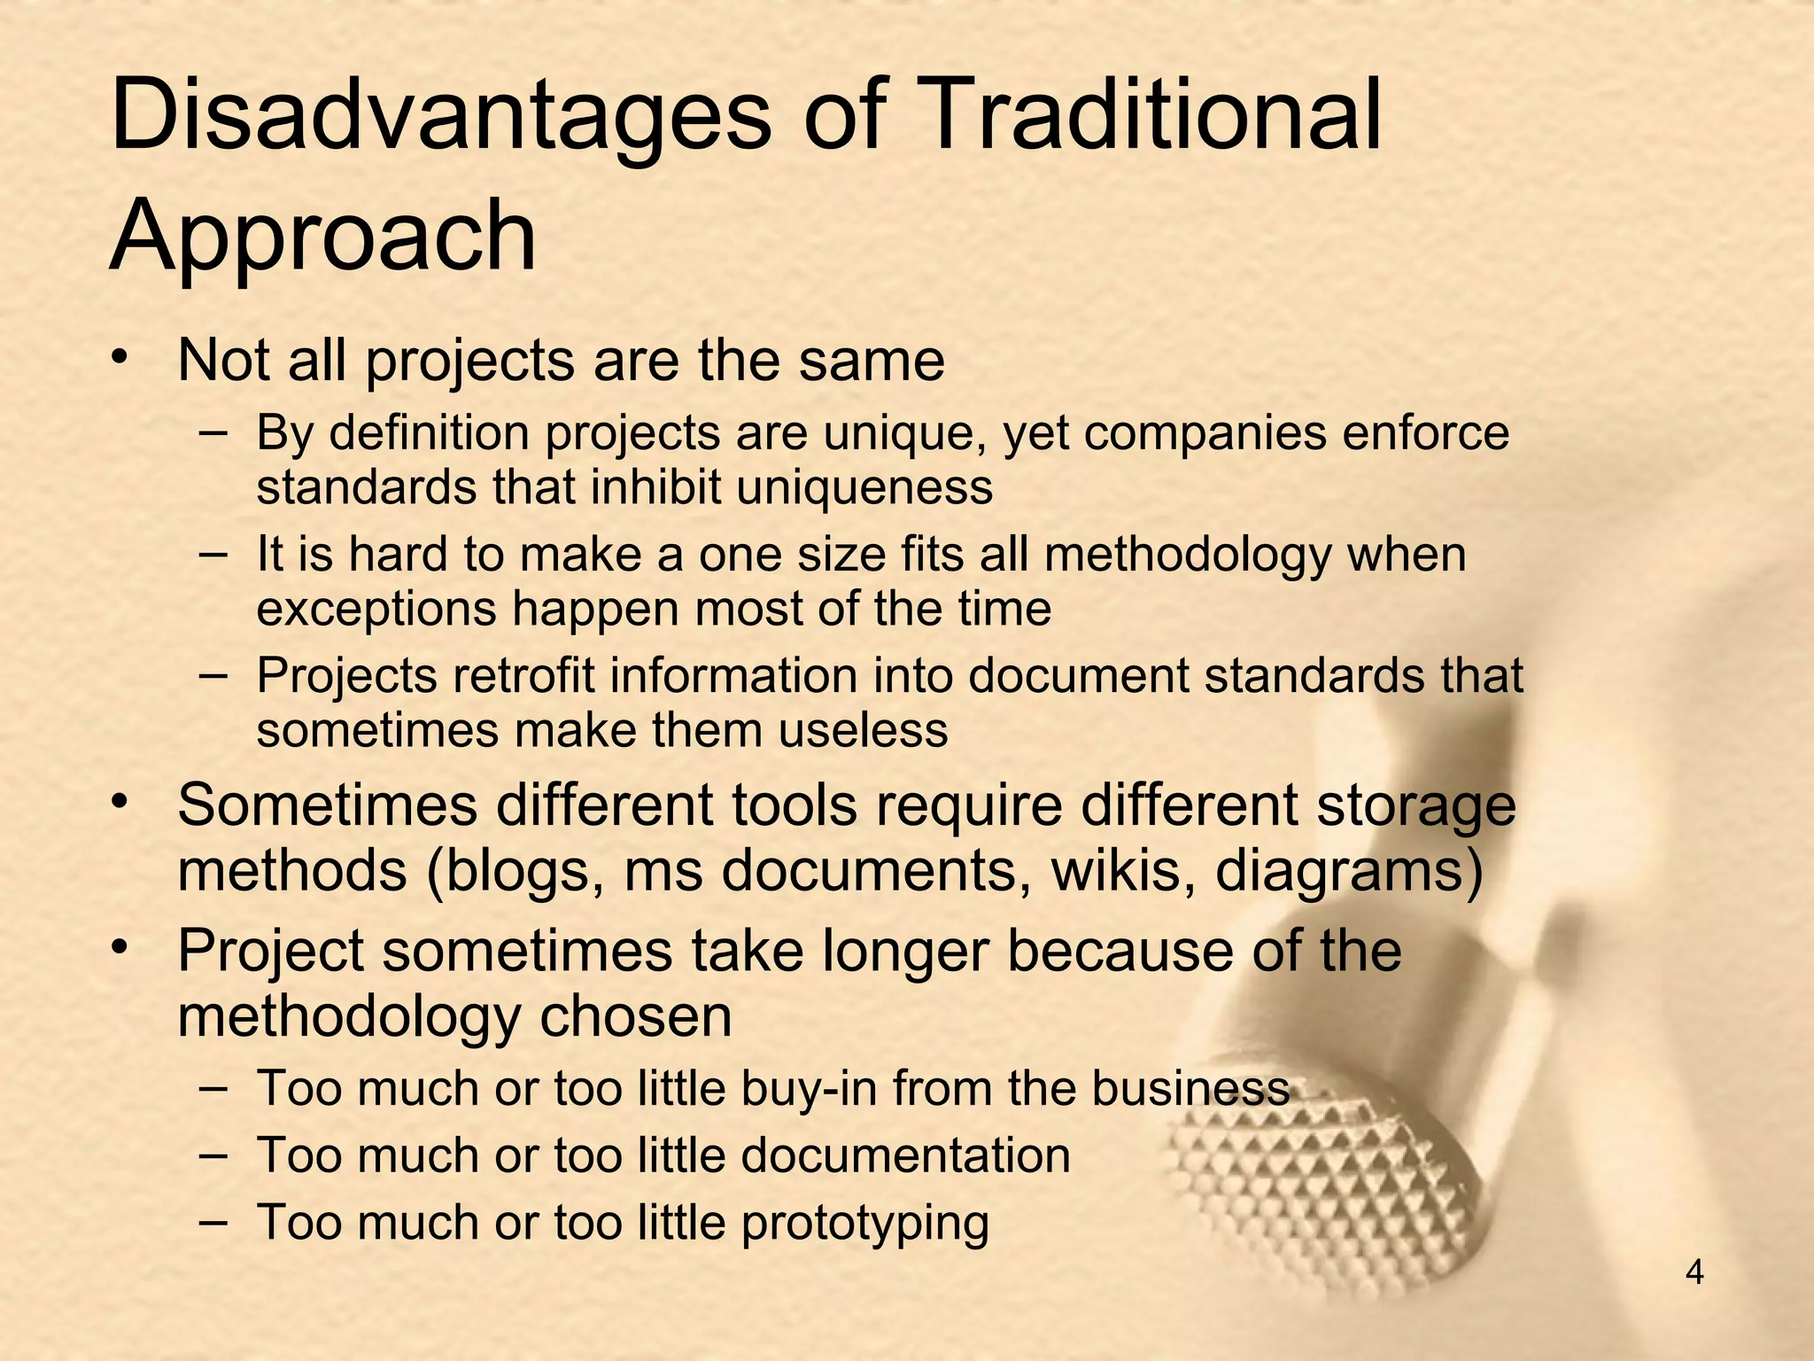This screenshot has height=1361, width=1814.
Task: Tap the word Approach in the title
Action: pyautogui.click(x=322, y=236)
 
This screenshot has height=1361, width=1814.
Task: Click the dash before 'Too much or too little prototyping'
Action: pyautogui.click(x=213, y=1220)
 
